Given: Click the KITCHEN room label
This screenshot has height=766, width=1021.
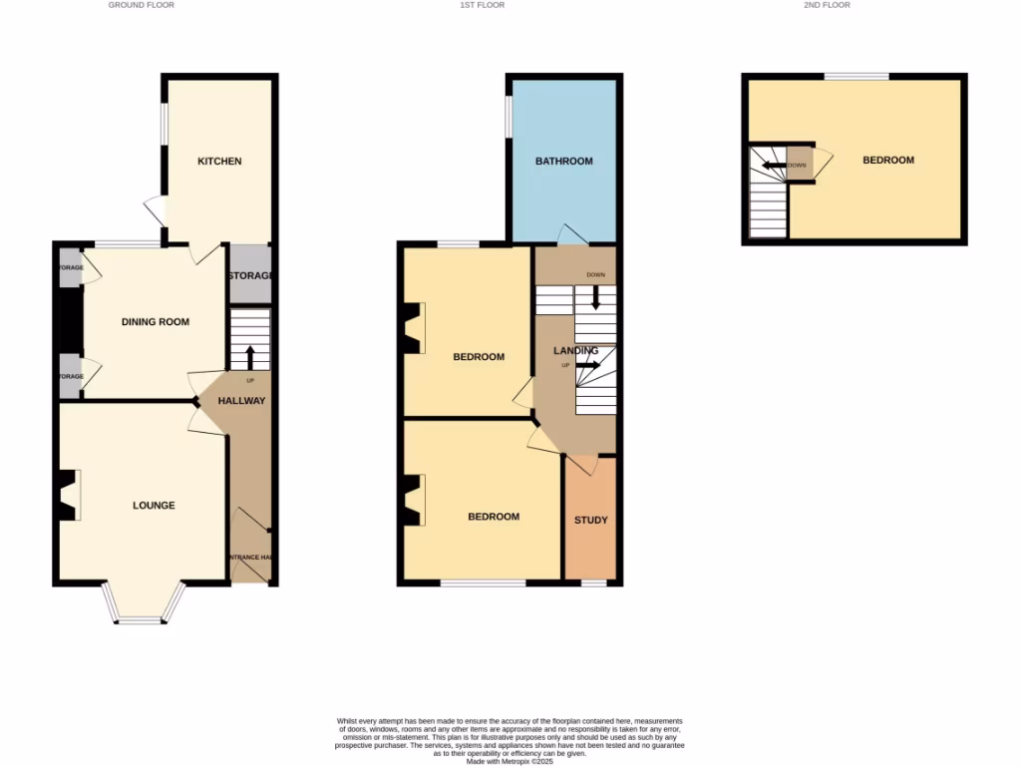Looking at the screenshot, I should [x=219, y=162].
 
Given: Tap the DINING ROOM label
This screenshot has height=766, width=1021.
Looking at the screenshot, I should [x=156, y=322].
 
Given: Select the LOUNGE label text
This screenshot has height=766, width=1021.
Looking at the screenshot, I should [x=154, y=506].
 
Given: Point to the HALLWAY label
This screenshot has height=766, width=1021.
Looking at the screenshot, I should [x=241, y=401].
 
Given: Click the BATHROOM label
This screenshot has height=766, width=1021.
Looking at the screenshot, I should [x=563, y=162].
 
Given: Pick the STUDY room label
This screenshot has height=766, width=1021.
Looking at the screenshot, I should [x=590, y=521].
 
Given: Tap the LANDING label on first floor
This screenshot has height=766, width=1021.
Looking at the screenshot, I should [x=576, y=350].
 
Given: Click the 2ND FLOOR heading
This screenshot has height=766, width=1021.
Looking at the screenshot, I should [x=827, y=5].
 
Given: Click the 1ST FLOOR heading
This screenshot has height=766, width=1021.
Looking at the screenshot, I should [x=482, y=5].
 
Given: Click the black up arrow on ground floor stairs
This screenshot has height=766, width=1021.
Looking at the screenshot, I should [x=249, y=357].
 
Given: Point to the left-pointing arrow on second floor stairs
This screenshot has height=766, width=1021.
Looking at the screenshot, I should [x=774, y=166].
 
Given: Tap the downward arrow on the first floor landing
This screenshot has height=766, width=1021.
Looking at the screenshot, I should [x=596, y=297].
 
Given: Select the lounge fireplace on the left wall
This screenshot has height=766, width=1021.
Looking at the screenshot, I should [x=69, y=495].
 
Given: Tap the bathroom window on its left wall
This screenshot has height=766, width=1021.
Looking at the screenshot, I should [x=508, y=115].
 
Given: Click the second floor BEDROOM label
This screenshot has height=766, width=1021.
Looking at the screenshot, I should [x=887, y=160].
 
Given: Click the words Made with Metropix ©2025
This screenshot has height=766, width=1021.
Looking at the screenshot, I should [x=510, y=761].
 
